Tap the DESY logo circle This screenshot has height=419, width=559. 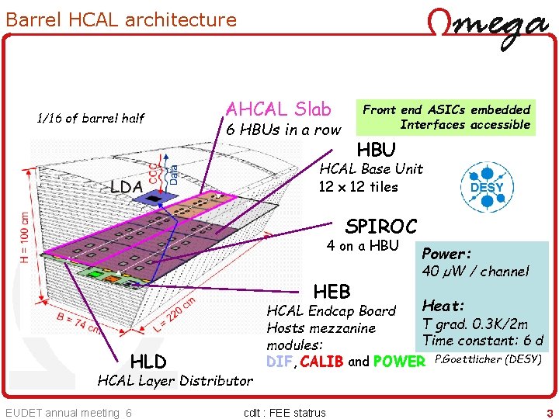tap(487, 186)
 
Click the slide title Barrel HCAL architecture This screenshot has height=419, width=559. tap(121, 19)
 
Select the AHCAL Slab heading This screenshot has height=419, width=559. tap(278, 109)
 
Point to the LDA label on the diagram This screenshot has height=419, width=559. tap(125, 187)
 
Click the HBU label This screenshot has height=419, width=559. tap(376, 149)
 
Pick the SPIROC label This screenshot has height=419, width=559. tap(380, 227)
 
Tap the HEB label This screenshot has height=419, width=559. tap(332, 292)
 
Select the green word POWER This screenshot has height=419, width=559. tap(399, 362)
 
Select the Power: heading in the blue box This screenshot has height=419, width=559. tap(446, 254)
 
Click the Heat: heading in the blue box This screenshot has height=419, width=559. tap(443, 306)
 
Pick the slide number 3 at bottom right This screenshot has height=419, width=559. tap(549, 413)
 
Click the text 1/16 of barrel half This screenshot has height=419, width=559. tap(90, 118)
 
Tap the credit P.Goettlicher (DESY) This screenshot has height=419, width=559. tap(488, 358)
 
